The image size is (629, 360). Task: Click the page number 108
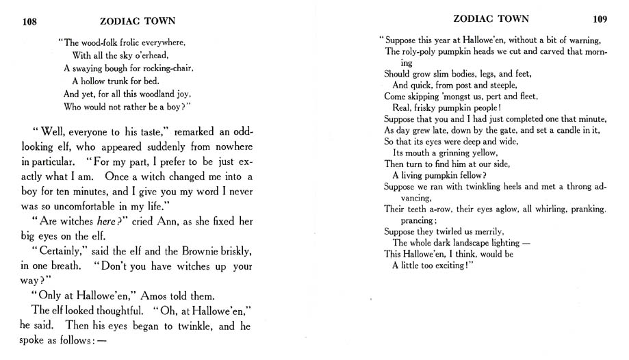29,21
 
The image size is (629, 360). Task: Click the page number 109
600,19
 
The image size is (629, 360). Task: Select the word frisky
424,107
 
